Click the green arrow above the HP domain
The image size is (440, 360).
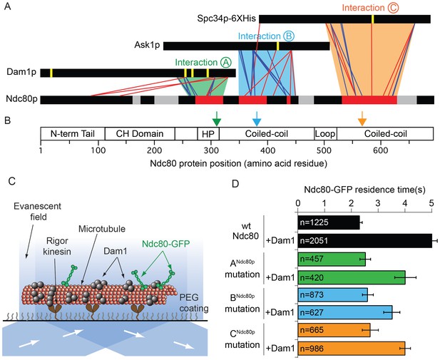[x=217, y=118]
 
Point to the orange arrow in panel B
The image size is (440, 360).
[x=362, y=118]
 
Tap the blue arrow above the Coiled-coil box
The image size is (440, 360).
[x=257, y=118]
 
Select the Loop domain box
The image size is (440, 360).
[x=325, y=133]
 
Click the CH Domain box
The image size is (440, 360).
[x=140, y=133]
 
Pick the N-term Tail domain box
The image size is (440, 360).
[x=73, y=133]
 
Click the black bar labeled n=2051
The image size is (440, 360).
[x=365, y=241]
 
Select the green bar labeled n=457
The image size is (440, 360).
[x=332, y=259]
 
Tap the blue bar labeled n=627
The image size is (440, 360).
[x=345, y=312]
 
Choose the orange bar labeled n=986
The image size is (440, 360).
[x=352, y=348]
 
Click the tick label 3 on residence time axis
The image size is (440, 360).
[x=378, y=203]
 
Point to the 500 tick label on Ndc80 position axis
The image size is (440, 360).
[x=324, y=150]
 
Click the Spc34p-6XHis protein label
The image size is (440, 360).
[x=227, y=19]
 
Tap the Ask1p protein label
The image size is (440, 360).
[x=147, y=45]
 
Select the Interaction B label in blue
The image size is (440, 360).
[x=266, y=36]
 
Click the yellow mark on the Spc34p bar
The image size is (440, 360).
[x=373, y=19]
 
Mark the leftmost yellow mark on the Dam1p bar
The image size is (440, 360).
[x=51, y=73]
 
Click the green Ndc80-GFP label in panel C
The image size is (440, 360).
[x=166, y=244]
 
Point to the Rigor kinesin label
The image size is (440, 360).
[x=56, y=246]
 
